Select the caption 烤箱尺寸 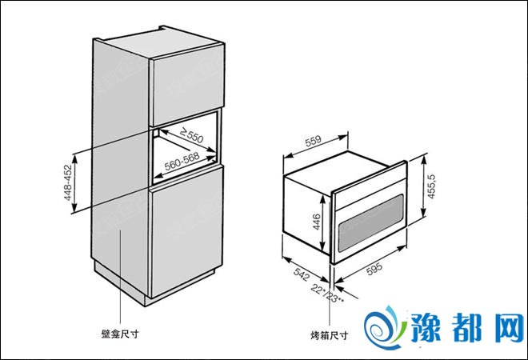pyautogui.click(x=329, y=336)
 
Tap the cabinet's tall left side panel pyautogui.click(x=120, y=160)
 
